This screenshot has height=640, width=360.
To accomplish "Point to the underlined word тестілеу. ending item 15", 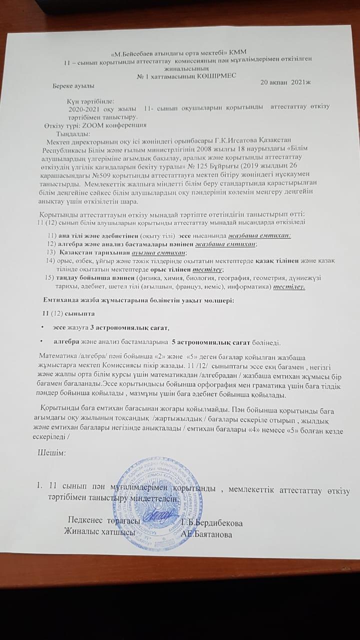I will point(290,287).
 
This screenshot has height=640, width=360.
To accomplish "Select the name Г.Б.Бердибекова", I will point(212,523).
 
